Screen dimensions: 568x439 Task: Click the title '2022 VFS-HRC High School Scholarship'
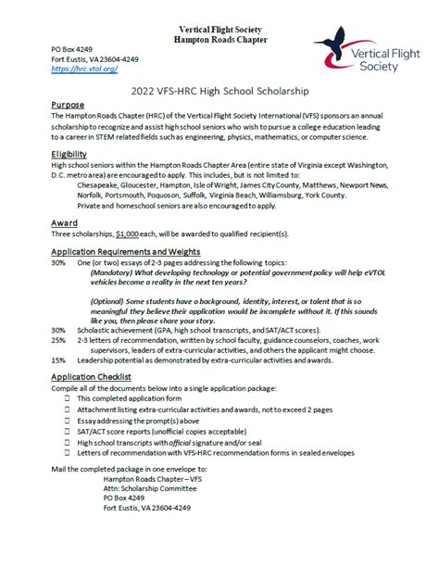(219, 92)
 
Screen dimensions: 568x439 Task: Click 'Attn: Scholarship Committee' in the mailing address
(151, 525)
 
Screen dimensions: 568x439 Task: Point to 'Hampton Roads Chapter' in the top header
(219, 41)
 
